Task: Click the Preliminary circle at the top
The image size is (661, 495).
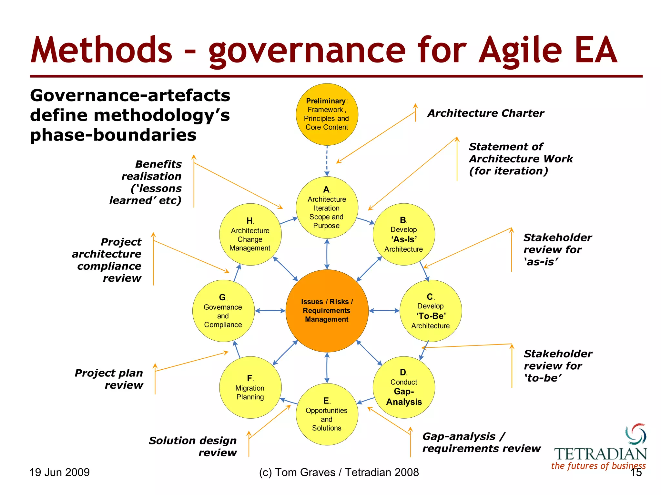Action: pyautogui.click(x=327, y=114)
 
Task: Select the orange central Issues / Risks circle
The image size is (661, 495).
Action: pyautogui.click(x=327, y=311)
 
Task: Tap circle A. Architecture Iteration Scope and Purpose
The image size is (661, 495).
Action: pyautogui.click(x=327, y=208)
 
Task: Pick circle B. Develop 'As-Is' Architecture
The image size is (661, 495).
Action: pyautogui.click(x=403, y=234)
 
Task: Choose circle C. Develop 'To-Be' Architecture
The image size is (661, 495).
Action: pyautogui.click(x=430, y=311)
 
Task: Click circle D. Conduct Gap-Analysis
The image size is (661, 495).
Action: pyautogui.click(x=403, y=387)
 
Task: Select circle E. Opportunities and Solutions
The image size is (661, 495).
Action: pyautogui.click(x=327, y=414)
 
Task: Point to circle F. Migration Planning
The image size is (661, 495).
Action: pyautogui.click(x=250, y=387)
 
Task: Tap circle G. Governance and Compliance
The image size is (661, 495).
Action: pyautogui.click(x=223, y=311)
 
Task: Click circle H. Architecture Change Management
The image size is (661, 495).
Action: pyautogui.click(x=250, y=234)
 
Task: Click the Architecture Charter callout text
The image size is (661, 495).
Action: pyautogui.click(x=485, y=113)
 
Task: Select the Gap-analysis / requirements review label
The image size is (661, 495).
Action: pyautogui.click(x=481, y=442)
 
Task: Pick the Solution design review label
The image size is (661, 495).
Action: pyautogui.click(x=193, y=446)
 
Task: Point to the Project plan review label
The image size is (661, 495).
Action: pyautogui.click(x=109, y=379)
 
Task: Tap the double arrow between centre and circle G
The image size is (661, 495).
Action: pyautogui.click(x=270, y=311)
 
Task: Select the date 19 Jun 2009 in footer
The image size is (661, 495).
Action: pyautogui.click(x=59, y=472)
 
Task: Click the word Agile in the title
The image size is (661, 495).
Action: pyautogui.click(x=520, y=51)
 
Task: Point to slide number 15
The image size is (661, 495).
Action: pyautogui.click(x=636, y=473)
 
